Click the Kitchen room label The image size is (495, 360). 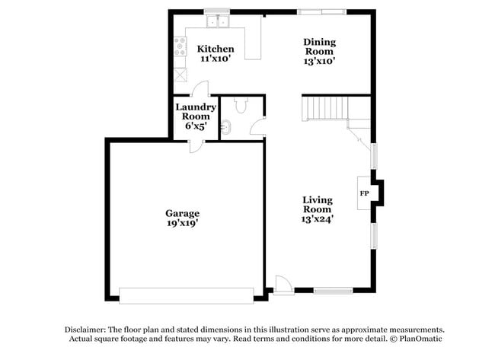click(x=216, y=49)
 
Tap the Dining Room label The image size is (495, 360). click(x=319, y=42)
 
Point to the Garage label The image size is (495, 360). click(x=183, y=213)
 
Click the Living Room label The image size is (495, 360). click(x=317, y=204)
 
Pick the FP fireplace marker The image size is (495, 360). click(x=363, y=193)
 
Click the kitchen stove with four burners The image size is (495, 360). click(x=180, y=47)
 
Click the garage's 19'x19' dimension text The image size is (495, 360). click(x=183, y=224)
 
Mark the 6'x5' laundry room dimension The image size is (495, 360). click(x=196, y=126)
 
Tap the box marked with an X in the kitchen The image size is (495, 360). click(x=180, y=75)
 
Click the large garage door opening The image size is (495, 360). click(x=186, y=295)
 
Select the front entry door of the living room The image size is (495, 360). click(x=283, y=285)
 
